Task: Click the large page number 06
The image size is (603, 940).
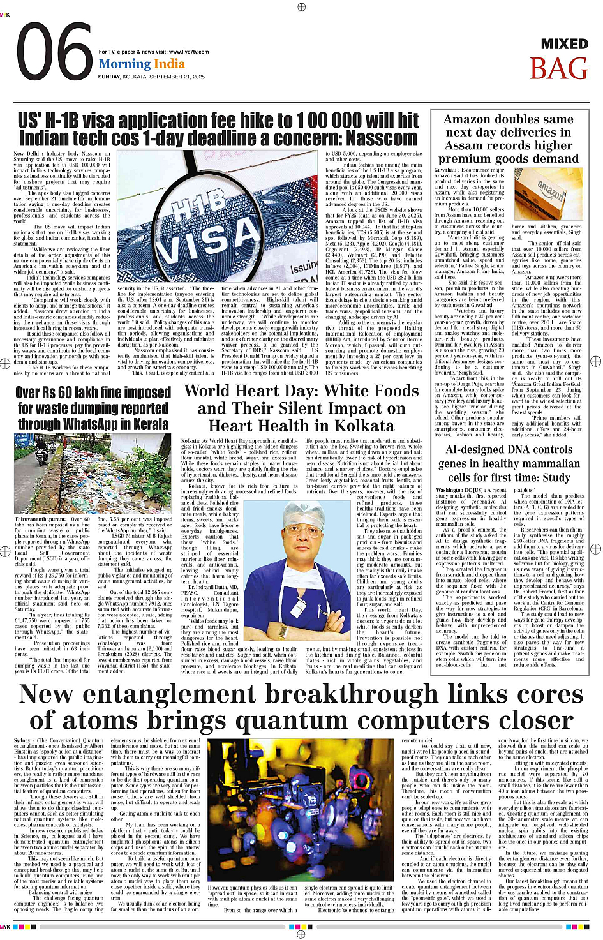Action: [x=54, y=53]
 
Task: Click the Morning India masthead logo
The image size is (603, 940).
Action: [x=142, y=64]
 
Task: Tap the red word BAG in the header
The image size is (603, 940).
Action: [x=558, y=68]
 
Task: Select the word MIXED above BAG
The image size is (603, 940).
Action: [x=564, y=44]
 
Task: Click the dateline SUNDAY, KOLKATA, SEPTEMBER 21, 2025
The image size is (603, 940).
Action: [x=151, y=77]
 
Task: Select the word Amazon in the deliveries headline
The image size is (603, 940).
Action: [x=473, y=119]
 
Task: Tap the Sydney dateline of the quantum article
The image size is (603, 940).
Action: [x=23, y=740]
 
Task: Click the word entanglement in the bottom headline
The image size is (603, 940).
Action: [x=257, y=695]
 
